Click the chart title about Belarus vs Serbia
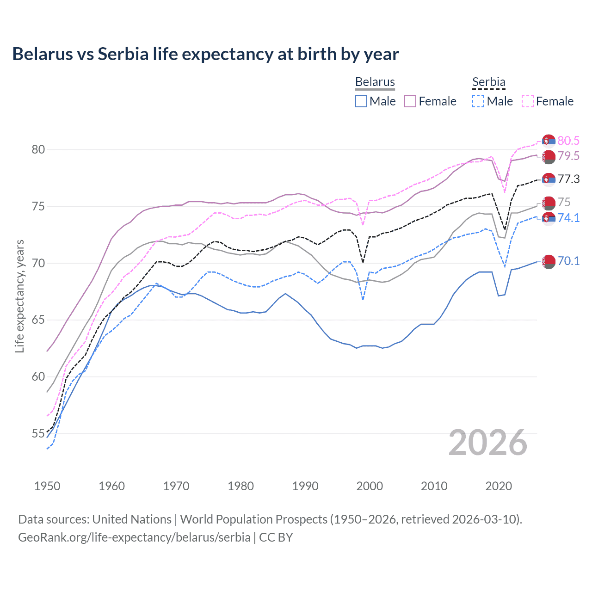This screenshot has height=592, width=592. pyautogui.click(x=205, y=54)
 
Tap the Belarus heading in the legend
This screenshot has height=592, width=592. pyautogui.click(x=375, y=82)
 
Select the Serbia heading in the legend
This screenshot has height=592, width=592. pyautogui.click(x=488, y=82)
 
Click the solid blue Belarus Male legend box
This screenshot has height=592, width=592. pyautogui.click(x=361, y=101)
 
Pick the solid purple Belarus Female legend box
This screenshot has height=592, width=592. pyautogui.click(x=410, y=101)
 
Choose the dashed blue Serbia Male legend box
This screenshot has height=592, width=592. pyautogui.click(x=478, y=101)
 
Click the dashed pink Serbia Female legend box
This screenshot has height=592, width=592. pyautogui.click(x=528, y=101)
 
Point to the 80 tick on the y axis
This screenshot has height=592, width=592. pyautogui.click(x=38, y=149)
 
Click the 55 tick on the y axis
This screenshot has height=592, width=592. pyautogui.click(x=38, y=434)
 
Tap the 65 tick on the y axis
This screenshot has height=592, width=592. pyautogui.click(x=38, y=320)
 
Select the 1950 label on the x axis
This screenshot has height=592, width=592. pyautogui.click(x=47, y=486)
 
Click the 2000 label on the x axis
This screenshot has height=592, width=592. pyautogui.click(x=370, y=486)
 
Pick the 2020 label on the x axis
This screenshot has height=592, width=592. pyautogui.click(x=499, y=486)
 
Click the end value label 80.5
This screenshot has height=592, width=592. pyautogui.click(x=568, y=141)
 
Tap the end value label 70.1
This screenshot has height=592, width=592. pyautogui.click(x=568, y=261)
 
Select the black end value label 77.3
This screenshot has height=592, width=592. pyautogui.click(x=568, y=179)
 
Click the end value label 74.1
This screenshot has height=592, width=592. pyautogui.click(x=568, y=218)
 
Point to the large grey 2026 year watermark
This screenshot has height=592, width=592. pyautogui.click(x=487, y=443)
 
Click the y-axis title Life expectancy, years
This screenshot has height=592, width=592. pyautogui.click(x=19, y=296)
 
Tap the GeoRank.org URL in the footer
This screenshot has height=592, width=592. pyautogui.click(x=134, y=537)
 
